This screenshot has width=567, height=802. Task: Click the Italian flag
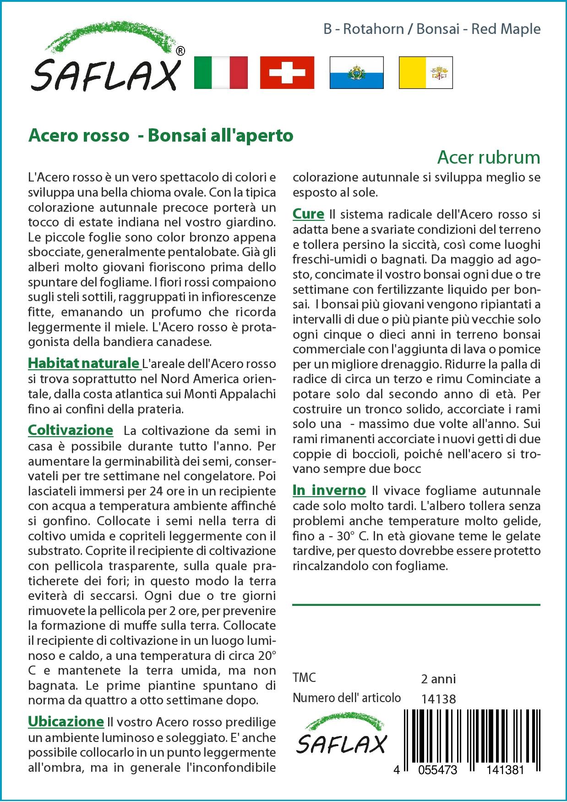(x=221, y=72)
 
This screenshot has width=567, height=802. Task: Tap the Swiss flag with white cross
(x=287, y=72)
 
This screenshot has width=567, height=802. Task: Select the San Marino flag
(x=356, y=72)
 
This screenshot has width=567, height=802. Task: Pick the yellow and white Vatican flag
(x=425, y=72)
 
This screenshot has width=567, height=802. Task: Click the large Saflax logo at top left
(x=105, y=64)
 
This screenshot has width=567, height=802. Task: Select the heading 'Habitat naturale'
(x=84, y=363)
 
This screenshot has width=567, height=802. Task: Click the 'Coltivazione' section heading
(x=71, y=430)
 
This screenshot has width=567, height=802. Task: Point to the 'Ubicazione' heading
(x=66, y=721)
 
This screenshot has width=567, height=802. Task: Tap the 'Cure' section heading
(x=308, y=214)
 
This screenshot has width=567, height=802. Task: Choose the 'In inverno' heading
(x=329, y=490)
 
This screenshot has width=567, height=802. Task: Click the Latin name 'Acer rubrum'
(x=488, y=157)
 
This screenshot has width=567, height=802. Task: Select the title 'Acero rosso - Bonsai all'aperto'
(x=161, y=136)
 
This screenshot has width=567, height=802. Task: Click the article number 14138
(x=438, y=698)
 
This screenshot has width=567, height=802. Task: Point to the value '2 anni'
(x=438, y=679)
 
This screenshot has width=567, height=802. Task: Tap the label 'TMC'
(x=304, y=678)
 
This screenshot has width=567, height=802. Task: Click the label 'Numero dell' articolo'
(x=347, y=698)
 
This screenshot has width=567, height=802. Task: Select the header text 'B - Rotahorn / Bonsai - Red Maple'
(x=431, y=29)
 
